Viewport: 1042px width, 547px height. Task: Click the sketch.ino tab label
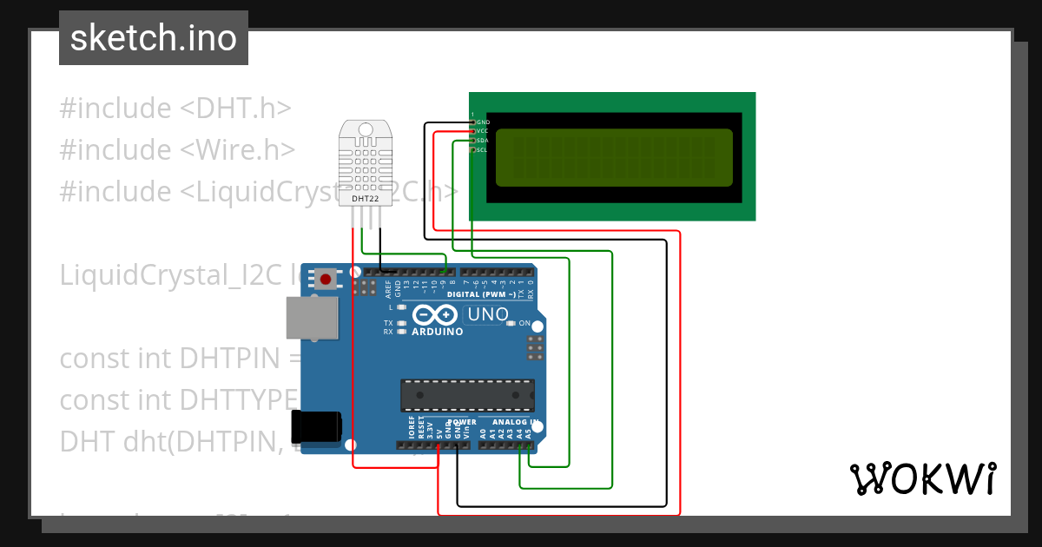pyautogui.click(x=153, y=38)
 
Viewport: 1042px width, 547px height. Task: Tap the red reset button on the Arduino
pyautogui.click(x=326, y=279)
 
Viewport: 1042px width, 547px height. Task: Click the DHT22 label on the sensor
pyautogui.click(x=366, y=199)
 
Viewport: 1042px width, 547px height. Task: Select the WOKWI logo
pyautogui.click(x=922, y=478)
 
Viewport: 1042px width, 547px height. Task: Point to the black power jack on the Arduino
pyautogui.click(x=316, y=427)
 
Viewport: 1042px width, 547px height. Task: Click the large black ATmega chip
pyautogui.click(x=467, y=395)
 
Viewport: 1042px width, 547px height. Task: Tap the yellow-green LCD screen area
pyautogui.click(x=614, y=157)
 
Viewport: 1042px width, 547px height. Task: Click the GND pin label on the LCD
pyautogui.click(x=484, y=122)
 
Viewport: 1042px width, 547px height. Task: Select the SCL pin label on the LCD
pyautogui.click(x=481, y=150)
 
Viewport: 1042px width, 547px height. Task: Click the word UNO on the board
pyautogui.click(x=487, y=313)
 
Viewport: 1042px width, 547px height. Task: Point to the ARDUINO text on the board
pyautogui.click(x=438, y=332)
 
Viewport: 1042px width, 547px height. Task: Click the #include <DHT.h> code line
pyautogui.click(x=175, y=109)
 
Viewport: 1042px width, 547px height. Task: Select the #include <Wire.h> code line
pyautogui.click(x=177, y=149)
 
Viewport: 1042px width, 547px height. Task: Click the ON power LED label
pyautogui.click(x=524, y=324)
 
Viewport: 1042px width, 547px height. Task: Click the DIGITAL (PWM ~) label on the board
pyautogui.click(x=481, y=294)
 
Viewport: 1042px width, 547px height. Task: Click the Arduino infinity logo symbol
pyautogui.click(x=433, y=315)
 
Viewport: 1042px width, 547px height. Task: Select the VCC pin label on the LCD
pyautogui.click(x=483, y=131)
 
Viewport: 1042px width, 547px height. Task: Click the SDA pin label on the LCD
pyautogui.click(x=482, y=141)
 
